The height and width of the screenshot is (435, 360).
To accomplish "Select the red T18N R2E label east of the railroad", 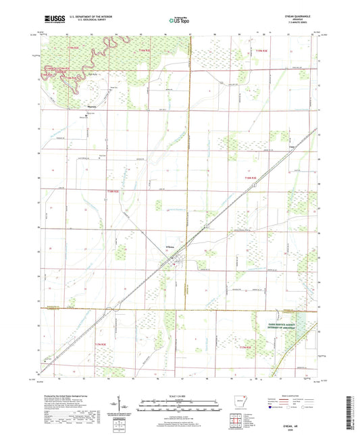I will [251, 177].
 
